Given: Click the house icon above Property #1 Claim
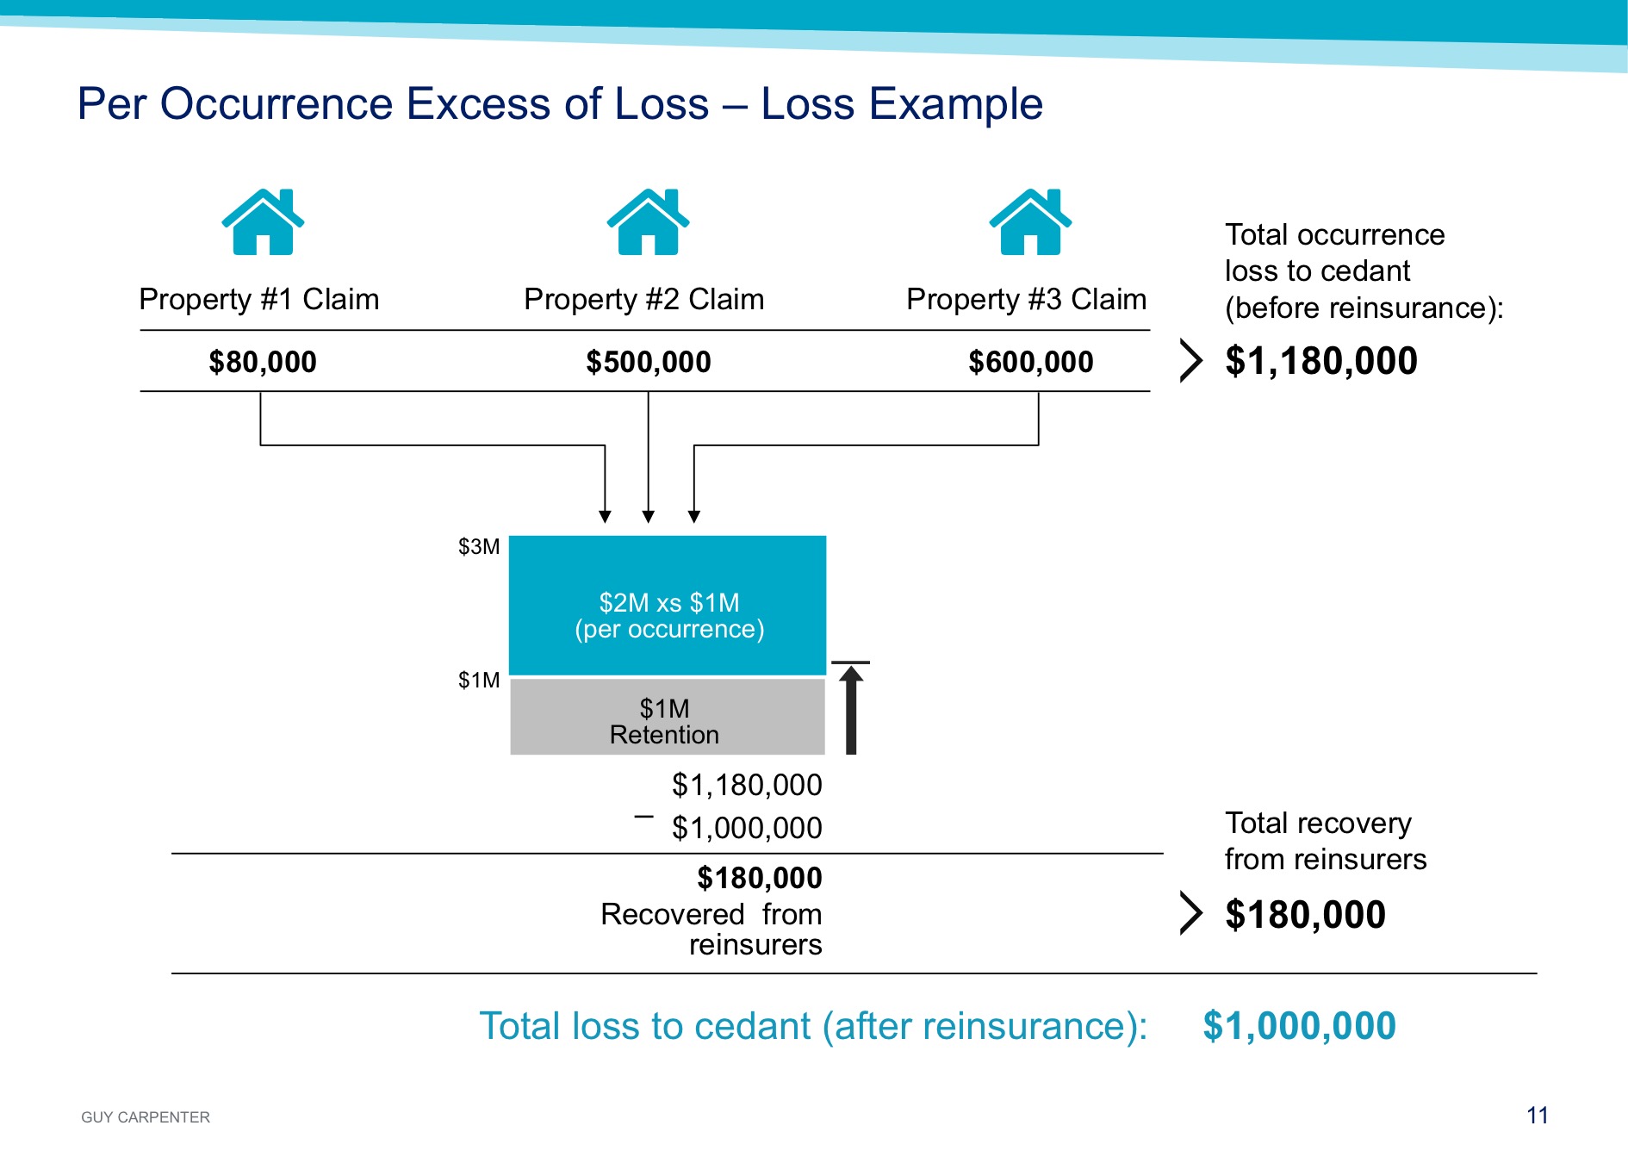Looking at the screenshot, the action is click(263, 221).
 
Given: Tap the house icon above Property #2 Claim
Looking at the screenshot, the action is click(648, 221).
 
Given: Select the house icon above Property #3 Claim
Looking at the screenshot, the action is click(1030, 221).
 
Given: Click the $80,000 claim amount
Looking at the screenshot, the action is click(263, 362).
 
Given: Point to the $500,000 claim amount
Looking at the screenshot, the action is click(649, 362).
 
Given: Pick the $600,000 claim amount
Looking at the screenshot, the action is click(1031, 362).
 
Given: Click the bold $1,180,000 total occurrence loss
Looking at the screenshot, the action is click(1321, 361).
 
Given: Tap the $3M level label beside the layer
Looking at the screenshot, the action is click(479, 547).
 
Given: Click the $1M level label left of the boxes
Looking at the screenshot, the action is click(479, 681).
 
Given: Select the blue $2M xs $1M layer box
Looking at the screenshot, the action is click(668, 606).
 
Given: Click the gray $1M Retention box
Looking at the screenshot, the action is click(668, 717).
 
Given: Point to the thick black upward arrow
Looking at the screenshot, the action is click(851, 708).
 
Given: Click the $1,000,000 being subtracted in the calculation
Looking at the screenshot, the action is click(747, 828).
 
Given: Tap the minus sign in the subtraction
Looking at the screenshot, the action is click(643, 816).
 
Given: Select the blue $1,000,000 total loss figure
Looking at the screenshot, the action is click(1299, 1026).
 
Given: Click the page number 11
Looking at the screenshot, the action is click(1538, 1116).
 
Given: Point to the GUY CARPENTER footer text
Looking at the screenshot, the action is click(146, 1117).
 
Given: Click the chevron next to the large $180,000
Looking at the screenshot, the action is click(1190, 913).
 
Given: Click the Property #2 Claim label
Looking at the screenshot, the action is click(644, 300).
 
